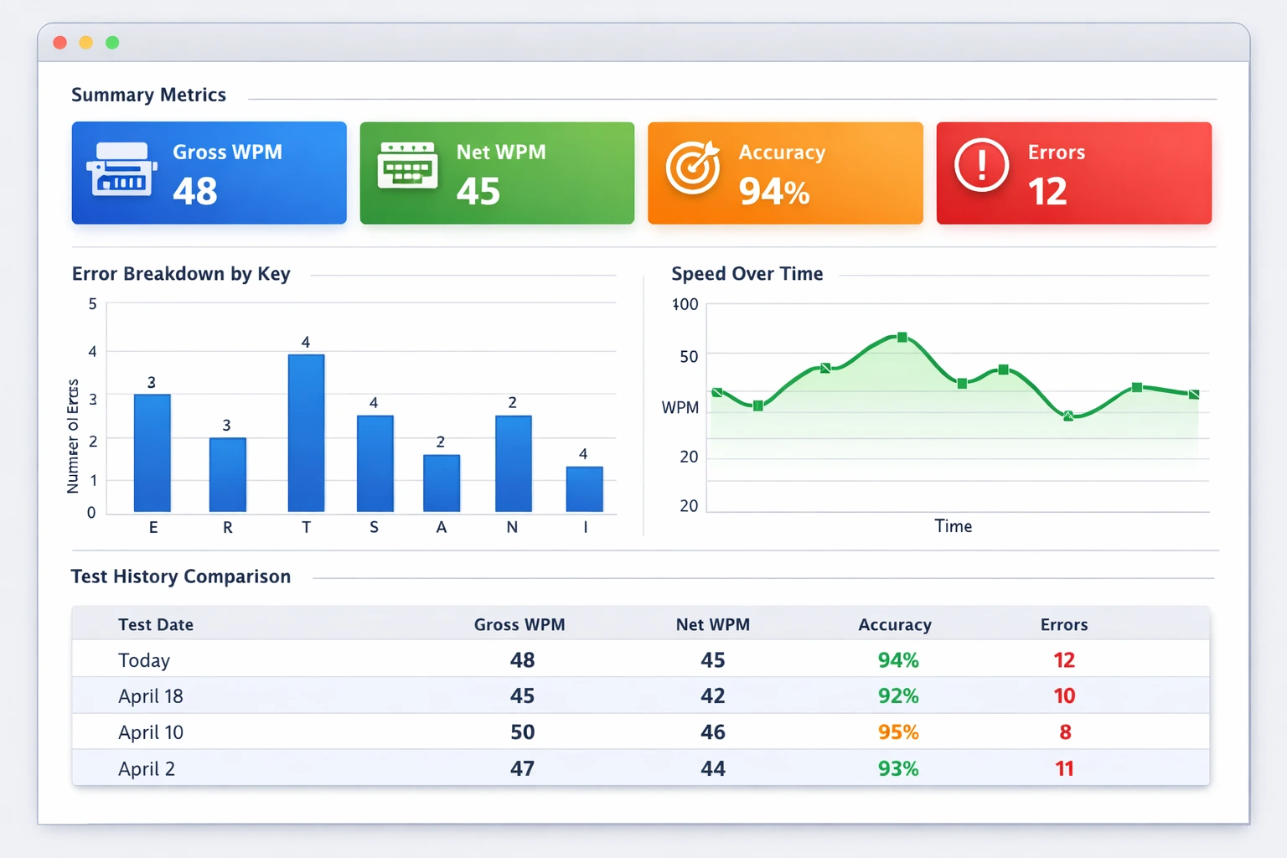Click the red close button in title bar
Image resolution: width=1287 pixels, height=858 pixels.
pos(59,43)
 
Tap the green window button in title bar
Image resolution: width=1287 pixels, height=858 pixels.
pos(112,43)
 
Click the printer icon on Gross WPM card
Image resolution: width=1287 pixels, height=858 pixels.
pos(121,170)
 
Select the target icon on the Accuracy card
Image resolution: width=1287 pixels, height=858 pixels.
pos(692,167)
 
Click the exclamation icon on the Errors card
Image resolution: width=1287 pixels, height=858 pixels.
pos(981,165)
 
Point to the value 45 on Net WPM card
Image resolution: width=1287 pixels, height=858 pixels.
pos(478,191)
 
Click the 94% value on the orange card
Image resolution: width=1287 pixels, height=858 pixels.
pos(773,192)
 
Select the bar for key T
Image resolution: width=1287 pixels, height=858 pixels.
pos(306,432)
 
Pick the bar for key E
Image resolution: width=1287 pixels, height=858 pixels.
pos(152,452)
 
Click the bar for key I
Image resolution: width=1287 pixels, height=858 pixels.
pos(584,488)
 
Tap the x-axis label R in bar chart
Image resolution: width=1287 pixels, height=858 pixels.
pos(227,528)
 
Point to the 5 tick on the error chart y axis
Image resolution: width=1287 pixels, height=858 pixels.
pos(92,304)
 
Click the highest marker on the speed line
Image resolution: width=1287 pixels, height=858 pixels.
pos(902,338)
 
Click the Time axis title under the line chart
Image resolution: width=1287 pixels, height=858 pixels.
pos(953,526)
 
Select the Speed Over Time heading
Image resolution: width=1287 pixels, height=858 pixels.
pos(747,274)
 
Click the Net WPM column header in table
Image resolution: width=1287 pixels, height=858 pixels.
pos(712,625)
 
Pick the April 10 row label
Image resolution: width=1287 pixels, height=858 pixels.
pos(151,732)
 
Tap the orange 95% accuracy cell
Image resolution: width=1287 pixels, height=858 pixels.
pos(897,732)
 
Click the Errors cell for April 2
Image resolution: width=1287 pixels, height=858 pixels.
pos(1064,768)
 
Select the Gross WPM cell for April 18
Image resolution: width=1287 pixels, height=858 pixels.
pos(522,696)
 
